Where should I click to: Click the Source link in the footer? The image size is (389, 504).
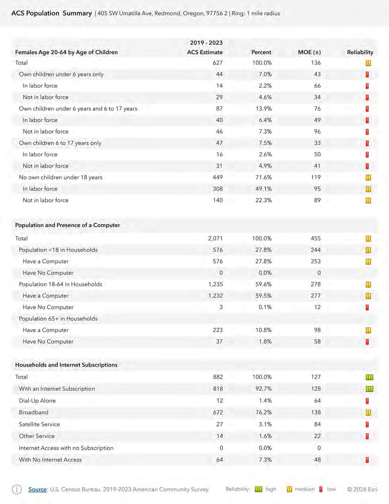click(x=38, y=489)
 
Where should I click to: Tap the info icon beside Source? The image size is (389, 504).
click(x=17, y=489)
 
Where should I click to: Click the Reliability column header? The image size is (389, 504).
click(x=360, y=52)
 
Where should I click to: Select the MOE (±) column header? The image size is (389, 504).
click(x=309, y=52)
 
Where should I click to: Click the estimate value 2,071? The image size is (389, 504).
click(x=215, y=239)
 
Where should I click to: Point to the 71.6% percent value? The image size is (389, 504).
click(x=264, y=177)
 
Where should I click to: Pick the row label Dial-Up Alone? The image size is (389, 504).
click(x=37, y=401)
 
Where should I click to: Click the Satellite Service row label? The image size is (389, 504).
click(x=39, y=424)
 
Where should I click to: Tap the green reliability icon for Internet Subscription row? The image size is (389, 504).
click(x=369, y=389)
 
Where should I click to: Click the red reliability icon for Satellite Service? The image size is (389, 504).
click(x=367, y=424)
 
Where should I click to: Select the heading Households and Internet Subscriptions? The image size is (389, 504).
click(x=66, y=365)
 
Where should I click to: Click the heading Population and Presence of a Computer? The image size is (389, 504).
click(x=67, y=225)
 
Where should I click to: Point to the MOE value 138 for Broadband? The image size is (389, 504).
click(x=316, y=412)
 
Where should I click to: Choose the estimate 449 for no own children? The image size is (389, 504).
click(x=218, y=177)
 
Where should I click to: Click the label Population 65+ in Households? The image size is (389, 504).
click(x=58, y=319)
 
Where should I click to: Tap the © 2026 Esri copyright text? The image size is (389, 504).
click(x=362, y=489)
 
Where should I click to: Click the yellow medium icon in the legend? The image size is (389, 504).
click(x=289, y=489)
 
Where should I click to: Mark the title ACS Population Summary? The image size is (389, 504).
click(x=52, y=13)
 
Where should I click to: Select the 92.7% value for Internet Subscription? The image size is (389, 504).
click(x=264, y=389)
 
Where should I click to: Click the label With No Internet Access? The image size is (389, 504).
click(x=50, y=460)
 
